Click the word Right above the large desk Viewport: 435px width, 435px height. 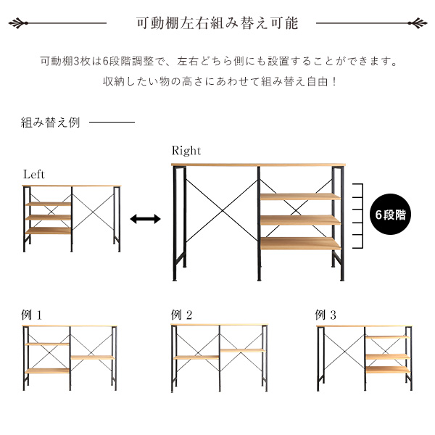click(186, 151)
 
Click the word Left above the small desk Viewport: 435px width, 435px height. click(34, 175)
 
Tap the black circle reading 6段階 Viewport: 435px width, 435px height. click(391, 214)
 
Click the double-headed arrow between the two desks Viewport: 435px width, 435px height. click(146, 219)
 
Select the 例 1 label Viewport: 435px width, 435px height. click(32, 315)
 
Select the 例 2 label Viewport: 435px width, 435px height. click(182, 315)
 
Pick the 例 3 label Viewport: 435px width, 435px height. click(326, 315)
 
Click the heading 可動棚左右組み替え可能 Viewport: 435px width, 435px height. click(217, 23)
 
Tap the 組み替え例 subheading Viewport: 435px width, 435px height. click(50, 122)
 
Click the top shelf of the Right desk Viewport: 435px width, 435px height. click(300, 196)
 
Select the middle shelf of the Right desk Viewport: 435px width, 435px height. click(300, 220)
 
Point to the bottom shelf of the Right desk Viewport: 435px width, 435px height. click(300, 244)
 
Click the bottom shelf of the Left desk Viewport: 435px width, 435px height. click(48, 231)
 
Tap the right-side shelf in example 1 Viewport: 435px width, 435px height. click(93, 357)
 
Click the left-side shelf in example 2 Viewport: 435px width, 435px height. click(196, 357)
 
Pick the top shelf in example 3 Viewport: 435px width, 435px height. click(388, 337)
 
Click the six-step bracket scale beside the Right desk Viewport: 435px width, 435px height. click(358, 216)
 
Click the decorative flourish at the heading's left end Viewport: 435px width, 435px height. click(18, 23)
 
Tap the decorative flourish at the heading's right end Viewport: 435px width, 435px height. click(418, 23)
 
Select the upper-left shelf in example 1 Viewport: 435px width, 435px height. click(47, 344)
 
